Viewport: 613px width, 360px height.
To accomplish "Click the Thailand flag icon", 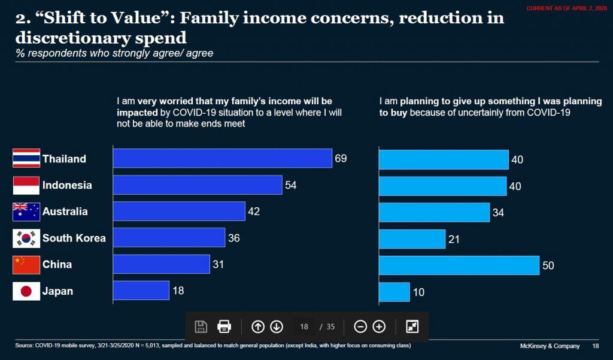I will point(26,159).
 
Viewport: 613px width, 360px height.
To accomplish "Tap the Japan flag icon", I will point(26,292).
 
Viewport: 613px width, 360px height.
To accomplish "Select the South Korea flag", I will point(26,238).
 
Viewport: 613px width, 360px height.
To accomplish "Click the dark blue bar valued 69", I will point(222,159).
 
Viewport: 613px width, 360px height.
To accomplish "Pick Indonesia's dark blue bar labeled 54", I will point(197,185).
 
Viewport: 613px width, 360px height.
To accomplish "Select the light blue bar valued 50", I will point(459,265).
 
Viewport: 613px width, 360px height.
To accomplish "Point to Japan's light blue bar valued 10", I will point(394,292).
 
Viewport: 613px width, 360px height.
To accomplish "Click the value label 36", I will point(234,238).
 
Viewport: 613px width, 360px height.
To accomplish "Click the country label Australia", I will point(65,211).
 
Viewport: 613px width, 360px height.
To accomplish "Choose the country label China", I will point(57,265).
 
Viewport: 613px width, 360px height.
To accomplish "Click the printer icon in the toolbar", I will point(224,326).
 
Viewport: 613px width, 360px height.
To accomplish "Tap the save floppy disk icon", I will point(201,326).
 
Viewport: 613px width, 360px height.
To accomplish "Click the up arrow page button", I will point(258,326).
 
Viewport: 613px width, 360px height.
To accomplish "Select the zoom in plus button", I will point(379,326).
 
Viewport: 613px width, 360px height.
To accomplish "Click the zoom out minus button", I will point(360,326).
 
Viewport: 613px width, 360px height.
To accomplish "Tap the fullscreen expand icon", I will point(412,326).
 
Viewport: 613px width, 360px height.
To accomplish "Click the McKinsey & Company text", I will point(549,346).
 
